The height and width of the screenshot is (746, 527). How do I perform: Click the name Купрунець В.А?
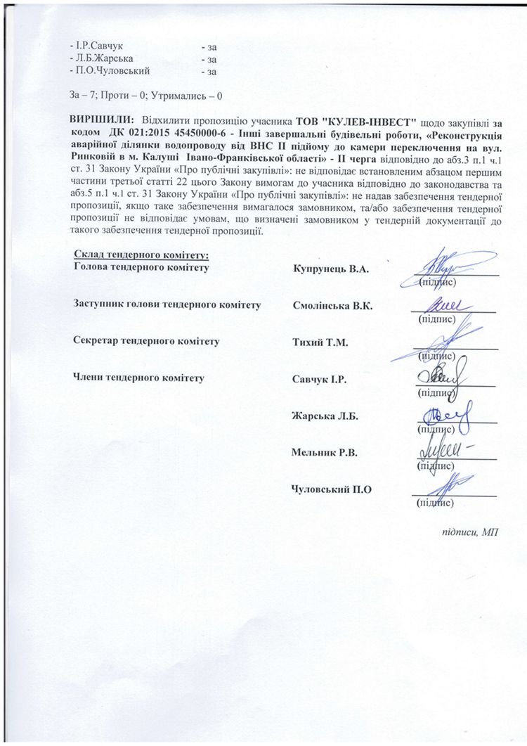click(x=330, y=269)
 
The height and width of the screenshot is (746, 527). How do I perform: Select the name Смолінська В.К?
click(x=333, y=307)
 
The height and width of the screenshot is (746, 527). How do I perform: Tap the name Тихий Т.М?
click(x=320, y=342)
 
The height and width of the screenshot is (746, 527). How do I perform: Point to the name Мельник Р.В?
click(x=325, y=451)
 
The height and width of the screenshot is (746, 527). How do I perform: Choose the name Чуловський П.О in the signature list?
click(x=328, y=489)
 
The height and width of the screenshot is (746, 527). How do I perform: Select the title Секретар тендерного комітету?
click(x=146, y=342)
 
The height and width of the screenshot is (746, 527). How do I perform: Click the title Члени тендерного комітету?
click(x=139, y=379)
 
